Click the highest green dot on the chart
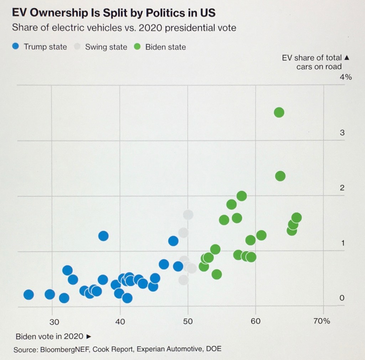[x=279, y=113]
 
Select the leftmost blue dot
[x=29, y=295]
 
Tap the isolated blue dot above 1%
[x=103, y=236]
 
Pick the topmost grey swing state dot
[x=188, y=215]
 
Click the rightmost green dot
[x=296, y=217]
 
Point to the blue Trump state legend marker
[x=15, y=47]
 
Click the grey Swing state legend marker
[x=76, y=47]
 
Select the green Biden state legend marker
[x=137, y=47]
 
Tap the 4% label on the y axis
[x=346, y=77]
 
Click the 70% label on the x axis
[x=322, y=321]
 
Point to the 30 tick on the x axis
[x=54, y=321]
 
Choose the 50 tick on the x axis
[x=188, y=321]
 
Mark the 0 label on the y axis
[x=342, y=298]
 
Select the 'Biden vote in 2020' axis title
[x=50, y=336]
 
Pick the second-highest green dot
[x=280, y=176]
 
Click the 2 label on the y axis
[x=342, y=188]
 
